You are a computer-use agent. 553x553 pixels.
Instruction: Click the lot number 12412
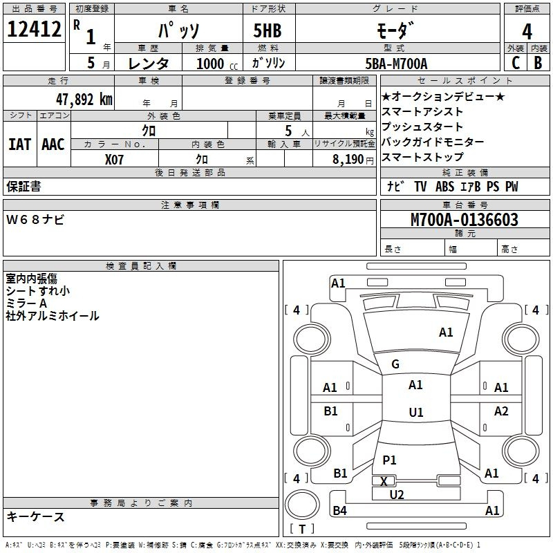point(34,29)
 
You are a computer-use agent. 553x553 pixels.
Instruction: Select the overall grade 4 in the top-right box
point(527,32)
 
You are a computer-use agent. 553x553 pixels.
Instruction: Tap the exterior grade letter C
point(516,63)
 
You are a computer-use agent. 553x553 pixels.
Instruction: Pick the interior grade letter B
point(538,63)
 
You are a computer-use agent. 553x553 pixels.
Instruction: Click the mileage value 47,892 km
point(84,100)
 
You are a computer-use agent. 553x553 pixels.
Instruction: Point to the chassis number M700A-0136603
point(465,220)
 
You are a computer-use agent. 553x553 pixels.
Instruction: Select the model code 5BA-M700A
point(396,64)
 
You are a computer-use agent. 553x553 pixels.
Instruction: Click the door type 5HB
point(268,30)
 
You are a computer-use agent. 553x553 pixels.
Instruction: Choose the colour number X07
point(114,160)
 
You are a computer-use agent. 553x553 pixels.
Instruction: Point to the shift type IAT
point(19,144)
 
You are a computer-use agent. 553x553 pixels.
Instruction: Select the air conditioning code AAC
point(53,144)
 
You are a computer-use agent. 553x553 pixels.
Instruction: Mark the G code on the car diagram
point(395,364)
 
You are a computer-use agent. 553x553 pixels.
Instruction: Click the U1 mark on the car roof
point(416,412)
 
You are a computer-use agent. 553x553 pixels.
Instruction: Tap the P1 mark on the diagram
point(389,460)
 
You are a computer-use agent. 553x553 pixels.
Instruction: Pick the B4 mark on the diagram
point(340,510)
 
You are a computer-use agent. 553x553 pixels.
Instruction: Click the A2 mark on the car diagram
point(501,411)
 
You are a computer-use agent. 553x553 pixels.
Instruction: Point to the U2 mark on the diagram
point(397,495)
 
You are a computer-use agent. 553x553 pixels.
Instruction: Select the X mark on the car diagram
point(384,481)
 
